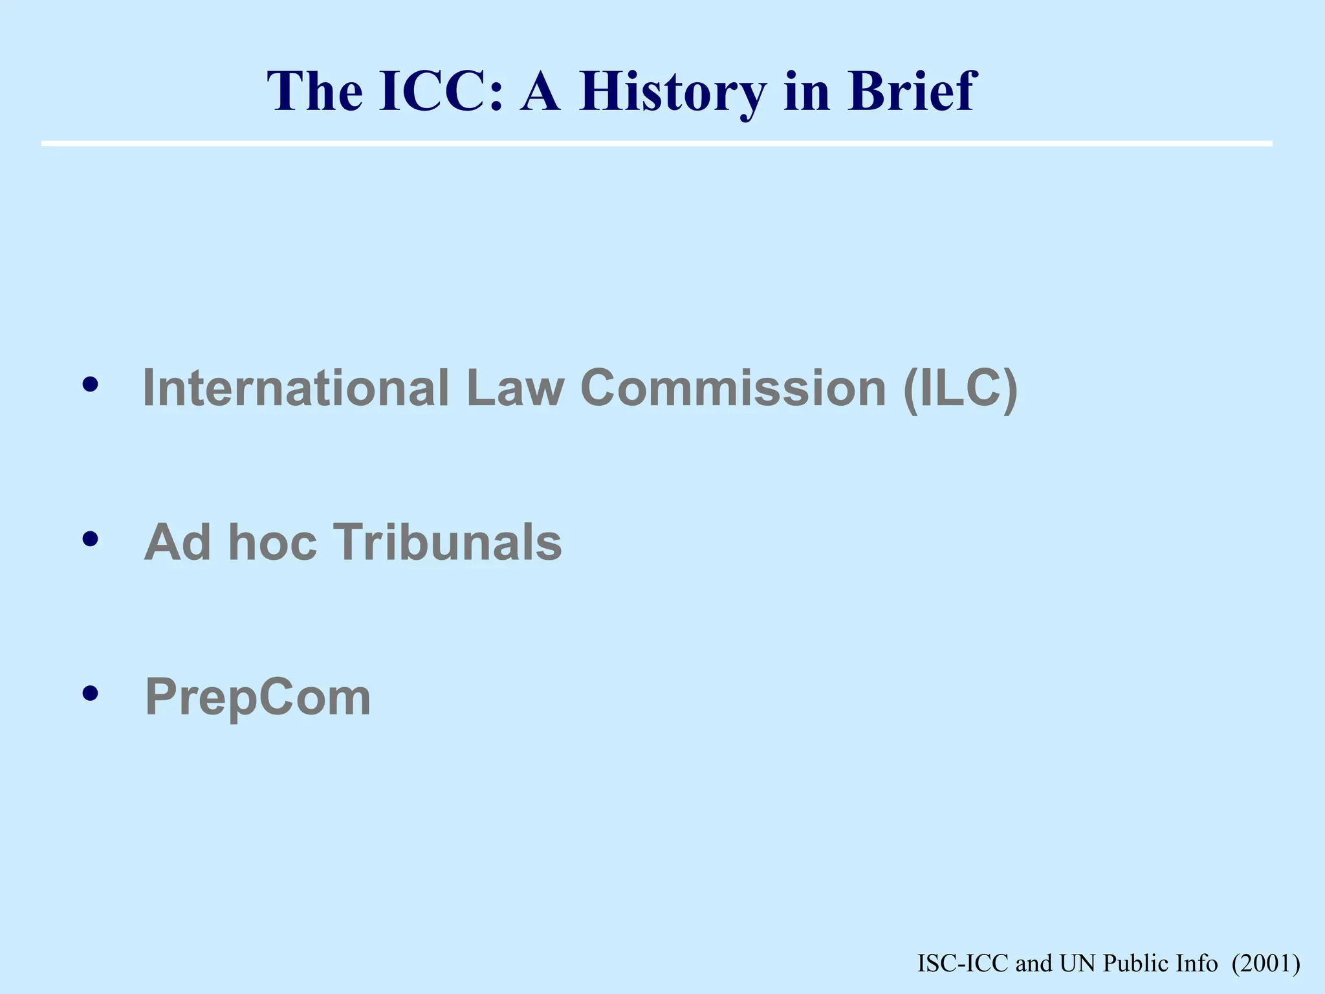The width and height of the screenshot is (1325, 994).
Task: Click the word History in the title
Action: [x=673, y=92]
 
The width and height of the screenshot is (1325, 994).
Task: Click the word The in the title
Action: [x=314, y=92]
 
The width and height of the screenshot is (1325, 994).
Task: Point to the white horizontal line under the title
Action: [x=657, y=143]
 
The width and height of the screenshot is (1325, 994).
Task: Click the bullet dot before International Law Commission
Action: [x=91, y=385]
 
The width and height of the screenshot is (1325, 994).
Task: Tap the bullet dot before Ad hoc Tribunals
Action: [x=91, y=539]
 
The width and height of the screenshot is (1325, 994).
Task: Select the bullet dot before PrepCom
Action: [x=91, y=694]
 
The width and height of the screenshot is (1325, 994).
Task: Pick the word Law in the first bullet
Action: [x=515, y=388]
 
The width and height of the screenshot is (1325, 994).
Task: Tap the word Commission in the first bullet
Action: [x=733, y=388]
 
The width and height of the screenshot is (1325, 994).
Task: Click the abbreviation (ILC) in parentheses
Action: [x=961, y=388]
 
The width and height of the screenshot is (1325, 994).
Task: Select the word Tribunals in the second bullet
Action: [x=447, y=542]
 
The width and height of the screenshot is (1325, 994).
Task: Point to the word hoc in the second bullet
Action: [x=272, y=542]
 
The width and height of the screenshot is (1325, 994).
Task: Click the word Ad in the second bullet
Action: [x=177, y=542]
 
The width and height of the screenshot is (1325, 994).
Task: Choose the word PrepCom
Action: [x=258, y=698]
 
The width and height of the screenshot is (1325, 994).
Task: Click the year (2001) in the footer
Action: [x=1265, y=964]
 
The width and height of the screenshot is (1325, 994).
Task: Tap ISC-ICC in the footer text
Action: [x=963, y=964]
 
